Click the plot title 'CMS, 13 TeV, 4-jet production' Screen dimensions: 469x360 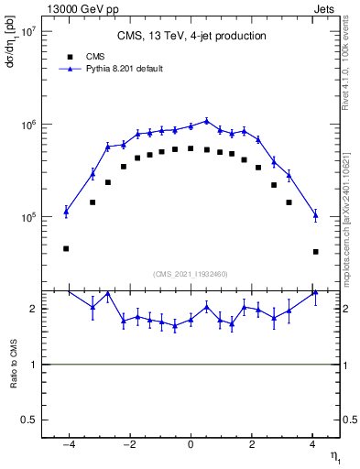tap(191, 37)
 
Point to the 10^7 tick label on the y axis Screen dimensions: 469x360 tap(28, 30)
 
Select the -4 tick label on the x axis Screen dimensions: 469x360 tap(67, 444)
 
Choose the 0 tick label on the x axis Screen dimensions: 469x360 tap(191, 444)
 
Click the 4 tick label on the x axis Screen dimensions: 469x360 tap(312, 444)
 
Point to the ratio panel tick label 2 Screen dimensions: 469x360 tap(35, 309)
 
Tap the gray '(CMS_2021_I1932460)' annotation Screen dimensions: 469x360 tap(191, 273)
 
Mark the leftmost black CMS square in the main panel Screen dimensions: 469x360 tap(66, 248)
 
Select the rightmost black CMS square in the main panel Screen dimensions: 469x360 tap(315, 251)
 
